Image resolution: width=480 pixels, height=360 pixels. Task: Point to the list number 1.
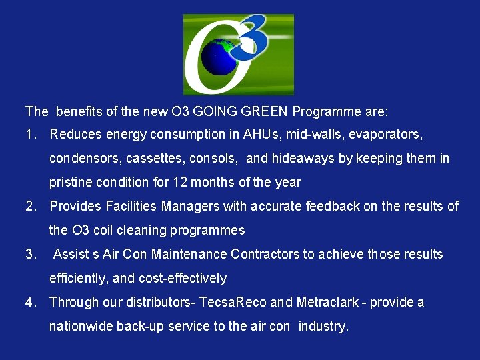[29, 134]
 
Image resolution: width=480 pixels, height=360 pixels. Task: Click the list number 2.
[29, 206]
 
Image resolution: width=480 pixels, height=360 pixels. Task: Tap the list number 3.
[29, 254]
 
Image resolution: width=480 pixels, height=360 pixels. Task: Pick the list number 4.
[29, 302]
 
